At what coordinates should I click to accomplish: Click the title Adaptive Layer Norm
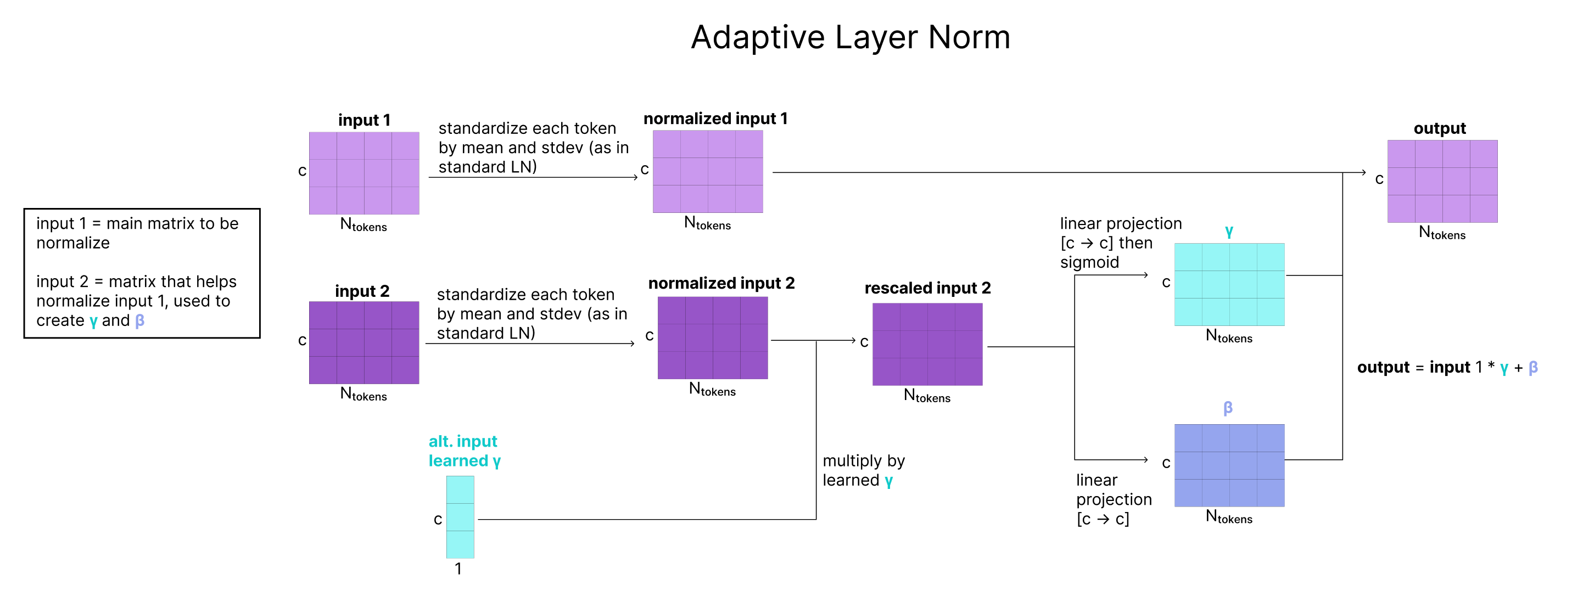(x=851, y=38)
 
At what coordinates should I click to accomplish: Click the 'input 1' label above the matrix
(x=365, y=120)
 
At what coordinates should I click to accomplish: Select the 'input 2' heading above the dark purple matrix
(x=362, y=291)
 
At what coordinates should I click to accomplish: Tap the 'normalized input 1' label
(x=715, y=119)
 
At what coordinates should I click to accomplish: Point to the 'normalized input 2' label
(x=721, y=283)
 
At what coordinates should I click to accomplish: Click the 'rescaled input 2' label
(x=927, y=288)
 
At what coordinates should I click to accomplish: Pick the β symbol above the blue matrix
(x=1228, y=408)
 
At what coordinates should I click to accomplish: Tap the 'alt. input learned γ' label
(x=465, y=451)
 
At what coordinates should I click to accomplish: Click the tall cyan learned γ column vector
(x=460, y=517)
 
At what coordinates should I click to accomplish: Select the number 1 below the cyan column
(x=458, y=569)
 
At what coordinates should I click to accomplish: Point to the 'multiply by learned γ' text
(x=864, y=470)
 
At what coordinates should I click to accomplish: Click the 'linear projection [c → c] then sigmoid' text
(x=1121, y=243)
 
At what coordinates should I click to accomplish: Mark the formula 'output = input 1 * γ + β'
(x=1447, y=367)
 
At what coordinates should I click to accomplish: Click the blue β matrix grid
(x=1229, y=465)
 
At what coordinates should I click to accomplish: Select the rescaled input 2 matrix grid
(x=927, y=345)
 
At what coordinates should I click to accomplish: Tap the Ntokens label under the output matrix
(x=1442, y=232)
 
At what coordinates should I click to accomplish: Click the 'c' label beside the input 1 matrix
(x=302, y=171)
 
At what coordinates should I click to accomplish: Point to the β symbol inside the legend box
(x=140, y=321)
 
